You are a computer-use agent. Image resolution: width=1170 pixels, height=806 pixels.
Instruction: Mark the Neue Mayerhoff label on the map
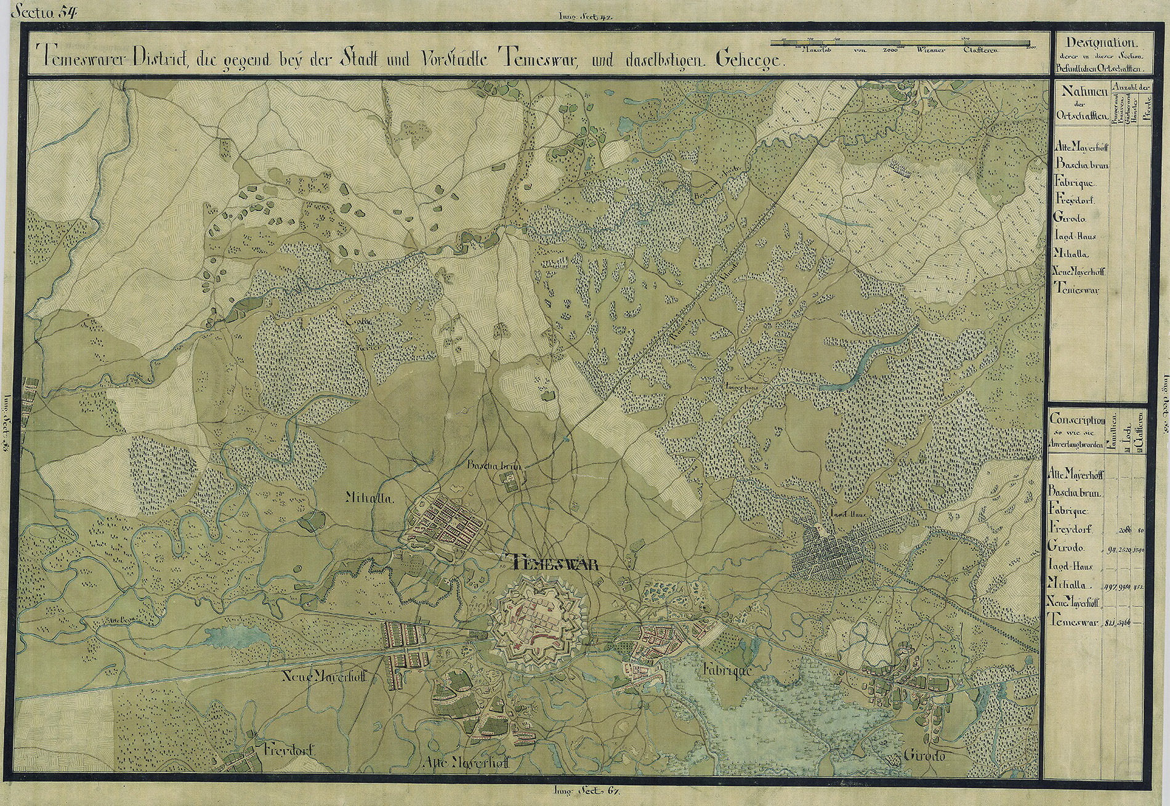[325, 676]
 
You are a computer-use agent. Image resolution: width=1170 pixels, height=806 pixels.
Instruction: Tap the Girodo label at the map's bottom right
[924, 756]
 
